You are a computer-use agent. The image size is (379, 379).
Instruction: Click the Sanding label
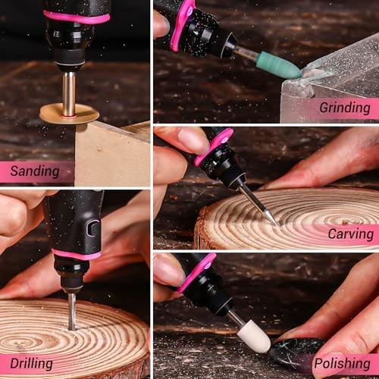pyautogui.click(x=35, y=171)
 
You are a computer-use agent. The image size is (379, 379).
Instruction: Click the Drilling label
pyautogui.click(x=32, y=364)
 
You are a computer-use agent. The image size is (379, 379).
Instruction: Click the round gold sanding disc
pyautogui.click(x=69, y=114)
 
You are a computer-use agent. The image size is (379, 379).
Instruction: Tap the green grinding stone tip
pyautogui.click(x=278, y=64)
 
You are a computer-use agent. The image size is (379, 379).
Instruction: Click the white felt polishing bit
pyautogui.click(x=253, y=335)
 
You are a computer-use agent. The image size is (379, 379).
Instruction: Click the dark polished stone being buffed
pyautogui.click(x=296, y=350)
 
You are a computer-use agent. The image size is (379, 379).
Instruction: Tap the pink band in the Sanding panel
pyautogui.click(x=76, y=17)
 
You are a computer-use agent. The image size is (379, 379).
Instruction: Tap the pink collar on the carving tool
pyautogui.click(x=212, y=146)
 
